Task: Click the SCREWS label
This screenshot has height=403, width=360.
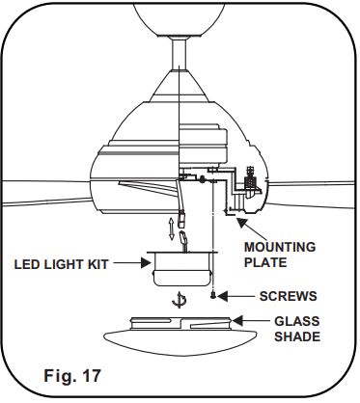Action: (x=289, y=295)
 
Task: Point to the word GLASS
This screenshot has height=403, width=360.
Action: (x=295, y=323)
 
